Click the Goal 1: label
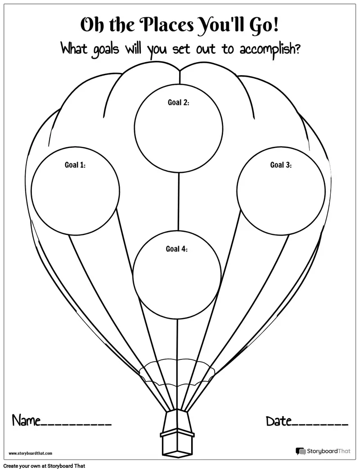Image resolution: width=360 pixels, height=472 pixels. click(75, 165)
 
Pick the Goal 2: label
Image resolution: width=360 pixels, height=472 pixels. click(178, 102)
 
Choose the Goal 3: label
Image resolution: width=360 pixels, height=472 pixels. click(281, 165)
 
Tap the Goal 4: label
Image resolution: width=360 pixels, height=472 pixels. click(177, 249)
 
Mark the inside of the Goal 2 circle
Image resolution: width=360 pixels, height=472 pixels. click(178, 133)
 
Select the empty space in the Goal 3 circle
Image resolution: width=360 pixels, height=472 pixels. click(281, 196)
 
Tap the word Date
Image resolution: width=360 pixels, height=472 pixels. click(278, 422)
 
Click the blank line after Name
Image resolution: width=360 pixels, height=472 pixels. click(76, 425)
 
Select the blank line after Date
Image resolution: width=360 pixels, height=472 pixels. click(320, 425)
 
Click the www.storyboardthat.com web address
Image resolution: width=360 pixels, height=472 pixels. click(30, 453)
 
